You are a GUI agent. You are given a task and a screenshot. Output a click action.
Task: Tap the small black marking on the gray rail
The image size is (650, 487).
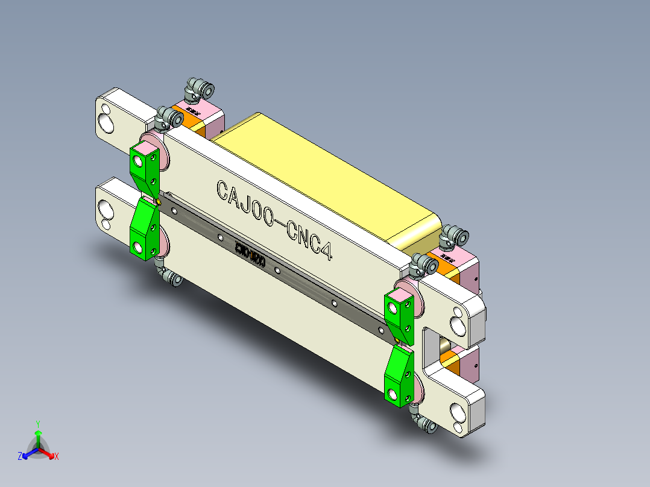pos(250,253)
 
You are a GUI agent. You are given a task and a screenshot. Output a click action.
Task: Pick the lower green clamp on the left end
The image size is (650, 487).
pos(144,229)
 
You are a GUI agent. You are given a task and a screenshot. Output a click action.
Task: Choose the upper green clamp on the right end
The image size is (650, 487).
pos(399,313)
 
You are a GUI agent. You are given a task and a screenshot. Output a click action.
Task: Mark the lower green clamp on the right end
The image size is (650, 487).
pos(399,377)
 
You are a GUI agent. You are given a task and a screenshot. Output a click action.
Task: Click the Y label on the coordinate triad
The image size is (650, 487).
pos(37,423)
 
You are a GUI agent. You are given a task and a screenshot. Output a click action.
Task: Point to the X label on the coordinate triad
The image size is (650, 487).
pos(57,457)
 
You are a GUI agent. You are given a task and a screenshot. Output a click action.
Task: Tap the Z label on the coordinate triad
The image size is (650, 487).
pos(20,456)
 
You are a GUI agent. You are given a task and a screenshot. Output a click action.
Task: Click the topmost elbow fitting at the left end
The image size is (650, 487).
pos(200,89)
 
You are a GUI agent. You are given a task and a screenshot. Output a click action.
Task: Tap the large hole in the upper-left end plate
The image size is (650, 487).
pos(108,123)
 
